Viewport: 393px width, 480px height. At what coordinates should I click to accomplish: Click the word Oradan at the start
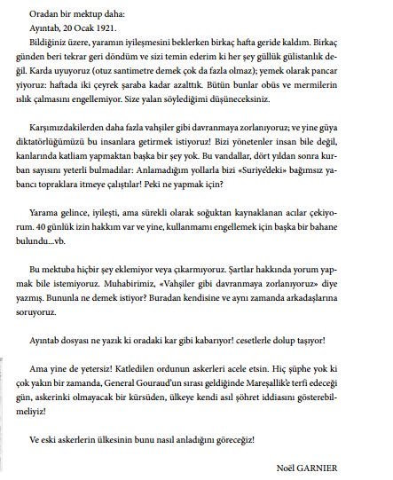pyautogui.click(x=44, y=15)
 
